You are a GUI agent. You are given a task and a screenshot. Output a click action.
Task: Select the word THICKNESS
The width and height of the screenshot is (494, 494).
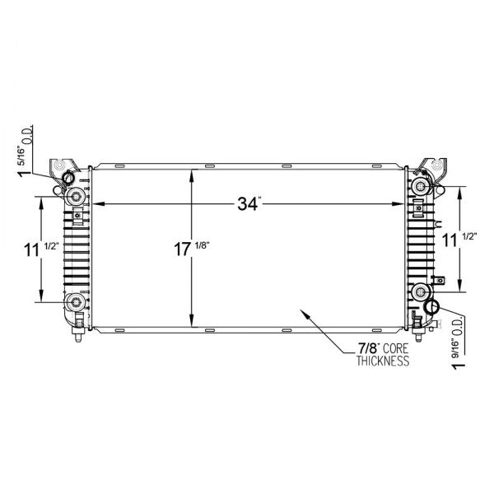[x=383, y=361]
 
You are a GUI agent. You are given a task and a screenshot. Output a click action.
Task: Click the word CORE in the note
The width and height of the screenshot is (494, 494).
[x=391, y=349]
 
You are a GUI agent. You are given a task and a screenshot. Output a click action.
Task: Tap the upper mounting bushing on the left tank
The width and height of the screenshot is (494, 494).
[x=77, y=196]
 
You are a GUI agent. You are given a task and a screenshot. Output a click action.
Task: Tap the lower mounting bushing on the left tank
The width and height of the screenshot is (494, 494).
[x=77, y=301]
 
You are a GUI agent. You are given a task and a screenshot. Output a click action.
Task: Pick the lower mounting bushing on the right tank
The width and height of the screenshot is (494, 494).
[x=421, y=291]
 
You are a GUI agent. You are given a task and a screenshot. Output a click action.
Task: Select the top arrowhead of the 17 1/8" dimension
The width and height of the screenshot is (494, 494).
[x=192, y=174]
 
